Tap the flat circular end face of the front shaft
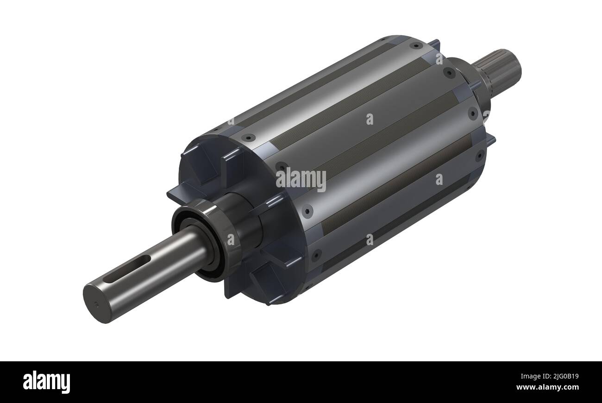pos(96,304)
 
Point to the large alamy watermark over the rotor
pos(301,179)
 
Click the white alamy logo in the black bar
pos(46,382)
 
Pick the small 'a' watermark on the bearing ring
pos(231,239)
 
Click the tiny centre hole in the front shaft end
pos(96,304)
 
